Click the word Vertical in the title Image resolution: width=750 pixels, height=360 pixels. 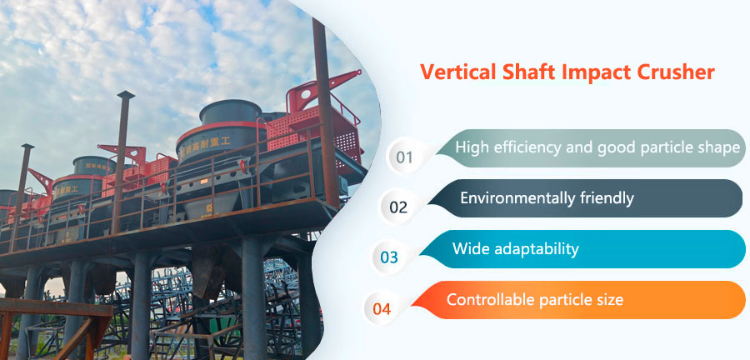(x=453, y=72)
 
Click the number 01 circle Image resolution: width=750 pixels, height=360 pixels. (x=405, y=157)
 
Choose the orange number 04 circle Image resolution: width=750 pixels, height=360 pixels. (x=382, y=308)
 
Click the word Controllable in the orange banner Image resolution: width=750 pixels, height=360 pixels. (x=487, y=299)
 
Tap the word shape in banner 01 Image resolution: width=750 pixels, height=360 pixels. (x=719, y=148)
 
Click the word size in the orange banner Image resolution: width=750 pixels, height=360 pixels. (x=607, y=299)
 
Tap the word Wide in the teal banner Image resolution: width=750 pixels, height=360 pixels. (x=469, y=248)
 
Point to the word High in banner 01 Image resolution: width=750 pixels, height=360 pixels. (x=471, y=148)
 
